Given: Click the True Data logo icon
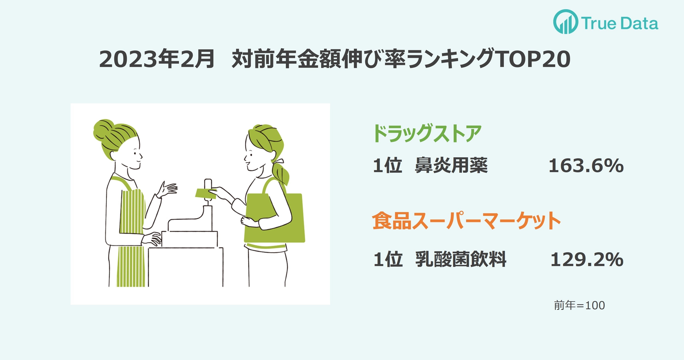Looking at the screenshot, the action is [566, 22].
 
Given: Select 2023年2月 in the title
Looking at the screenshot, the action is [157, 59].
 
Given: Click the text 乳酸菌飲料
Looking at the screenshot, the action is [461, 259].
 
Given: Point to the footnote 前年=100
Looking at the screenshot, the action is [579, 305].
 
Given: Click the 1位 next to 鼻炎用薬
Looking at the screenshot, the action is [387, 165].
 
